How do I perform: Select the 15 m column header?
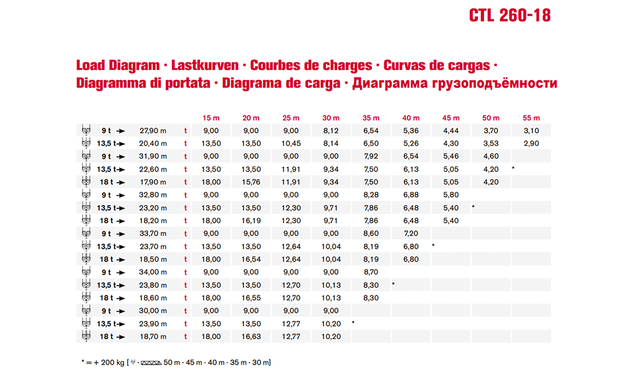point(211,118)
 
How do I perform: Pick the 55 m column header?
point(531,118)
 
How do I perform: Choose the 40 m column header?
point(411,118)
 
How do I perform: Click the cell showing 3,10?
point(531,130)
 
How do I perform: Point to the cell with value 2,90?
point(531,143)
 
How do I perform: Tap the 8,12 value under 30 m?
point(331,130)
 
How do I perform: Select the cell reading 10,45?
point(291,143)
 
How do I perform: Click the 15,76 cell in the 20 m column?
point(251,182)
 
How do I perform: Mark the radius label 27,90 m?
point(153,130)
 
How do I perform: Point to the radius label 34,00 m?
point(153,272)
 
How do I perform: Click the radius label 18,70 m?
point(153,337)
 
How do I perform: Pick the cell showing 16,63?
point(251,337)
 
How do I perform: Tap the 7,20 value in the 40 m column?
point(411,233)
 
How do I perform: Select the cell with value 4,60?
point(491,156)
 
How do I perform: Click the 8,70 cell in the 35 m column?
point(371,272)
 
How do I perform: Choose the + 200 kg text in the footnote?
point(109,362)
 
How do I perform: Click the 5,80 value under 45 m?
point(451,195)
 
